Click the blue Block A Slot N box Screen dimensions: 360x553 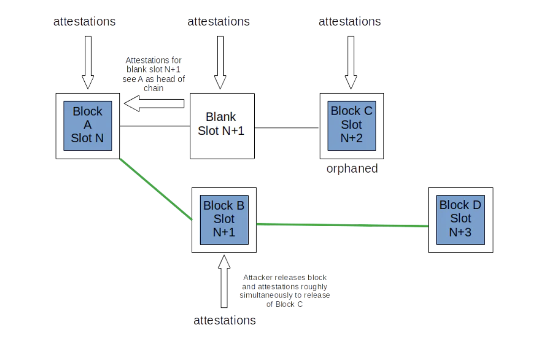click(88, 125)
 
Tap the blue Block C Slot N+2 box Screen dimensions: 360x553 click(351, 125)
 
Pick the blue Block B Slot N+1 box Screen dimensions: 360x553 click(224, 219)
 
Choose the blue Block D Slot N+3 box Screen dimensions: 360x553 click(460, 219)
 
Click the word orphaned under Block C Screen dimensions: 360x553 click(352, 169)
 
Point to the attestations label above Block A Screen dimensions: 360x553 click(84, 21)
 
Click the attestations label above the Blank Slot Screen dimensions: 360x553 click(219, 21)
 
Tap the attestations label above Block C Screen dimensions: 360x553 click(349, 21)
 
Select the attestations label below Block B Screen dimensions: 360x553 click(224, 320)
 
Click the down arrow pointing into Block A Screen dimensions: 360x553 click(88, 62)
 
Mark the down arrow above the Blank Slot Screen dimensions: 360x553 click(220, 62)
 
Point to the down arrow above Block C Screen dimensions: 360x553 click(351, 62)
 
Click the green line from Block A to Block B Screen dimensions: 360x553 click(156, 189)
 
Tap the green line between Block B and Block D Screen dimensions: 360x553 click(342, 225)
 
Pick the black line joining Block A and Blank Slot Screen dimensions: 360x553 click(155, 126)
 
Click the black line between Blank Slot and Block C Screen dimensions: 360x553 click(287, 127)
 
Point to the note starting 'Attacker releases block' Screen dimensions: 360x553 click(284, 291)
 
